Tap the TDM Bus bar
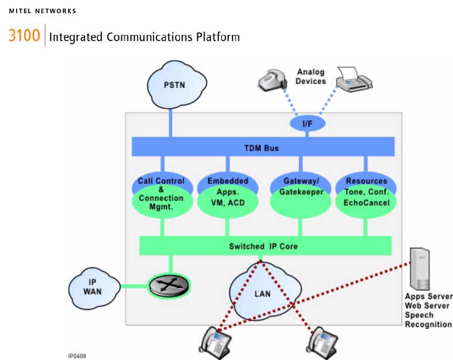pyautogui.click(x=263, y=147)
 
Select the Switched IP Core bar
pyautogui.click(x=263, y=246)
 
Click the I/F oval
pyautogui.click(x=307, y=124)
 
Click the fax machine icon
pyautogui.click(x=354, y=80)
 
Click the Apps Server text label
pyautogui.click(x=428, y=297)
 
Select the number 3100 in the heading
pyautogui.click(x=24, y=36)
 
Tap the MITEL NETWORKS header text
pyautogui.click(x=43, y=11)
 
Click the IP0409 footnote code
pyautogui.click(x=77, y=356)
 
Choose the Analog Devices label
pyautogui.click(x=311, y=76)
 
